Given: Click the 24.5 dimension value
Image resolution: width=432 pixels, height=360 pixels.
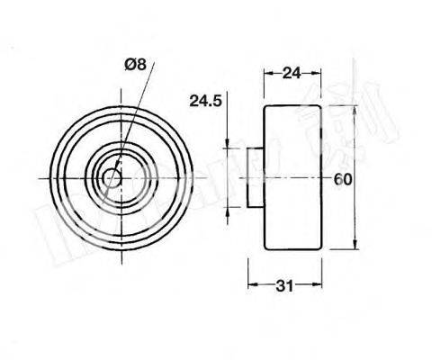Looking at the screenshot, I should (x=206, y=103).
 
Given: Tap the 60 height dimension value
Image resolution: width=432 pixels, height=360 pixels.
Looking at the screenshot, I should (x=342, y=178).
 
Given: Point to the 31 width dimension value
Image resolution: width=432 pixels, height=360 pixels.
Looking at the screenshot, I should (x=285, y=286).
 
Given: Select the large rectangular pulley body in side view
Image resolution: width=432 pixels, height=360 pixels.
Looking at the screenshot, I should (x=292, y=176).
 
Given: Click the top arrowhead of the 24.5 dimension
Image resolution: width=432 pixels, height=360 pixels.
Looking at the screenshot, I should (x=228, y=146).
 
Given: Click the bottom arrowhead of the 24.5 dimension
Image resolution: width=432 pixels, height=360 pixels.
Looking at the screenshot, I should (x=228, y=206).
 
